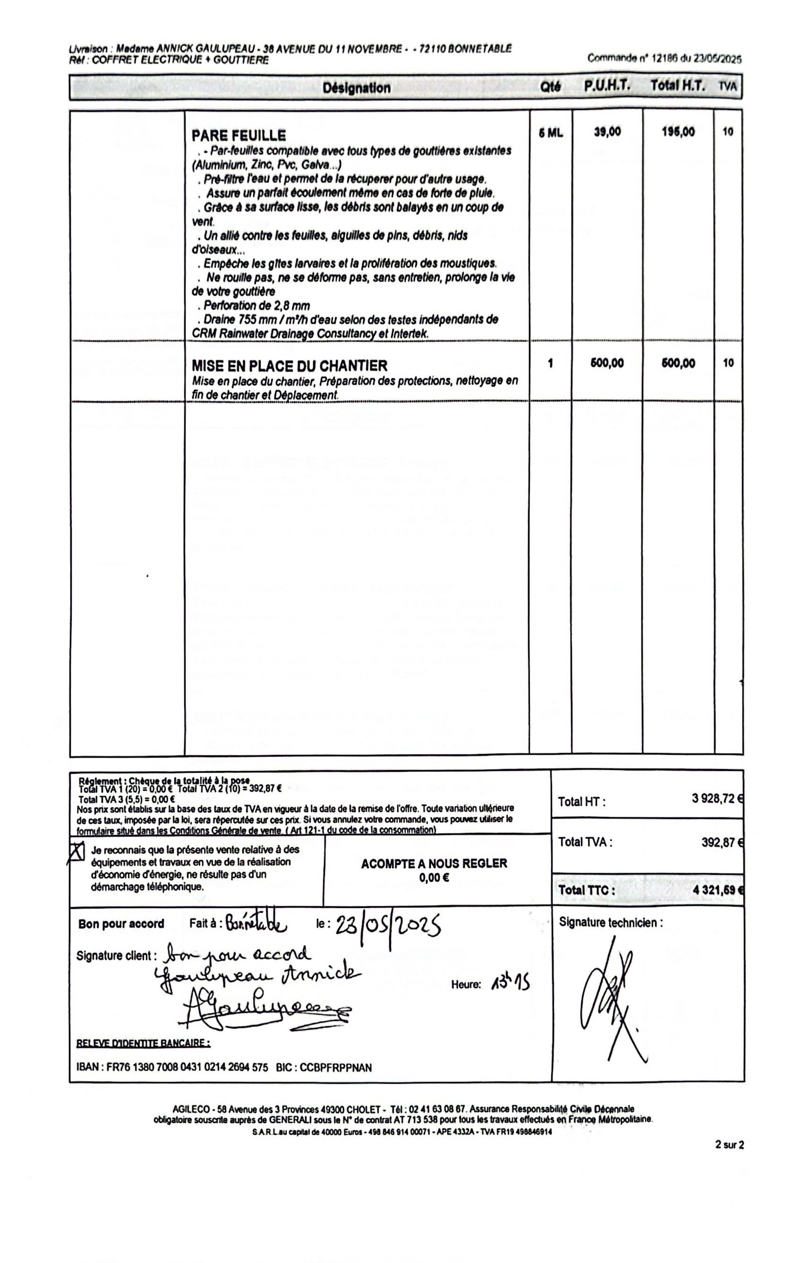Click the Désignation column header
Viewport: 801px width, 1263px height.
[x=356, y=88]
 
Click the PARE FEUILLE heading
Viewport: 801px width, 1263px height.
[x=239, y=136]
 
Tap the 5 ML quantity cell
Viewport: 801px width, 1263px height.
[x=550, y=133]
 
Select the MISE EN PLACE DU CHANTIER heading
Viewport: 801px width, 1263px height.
[x=290, y=365]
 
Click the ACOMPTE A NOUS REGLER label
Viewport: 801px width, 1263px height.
[x=434, y=863]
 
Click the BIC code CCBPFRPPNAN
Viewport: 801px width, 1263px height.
[x=336, y=1067]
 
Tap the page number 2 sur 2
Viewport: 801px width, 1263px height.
[x=730, y=1145]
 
